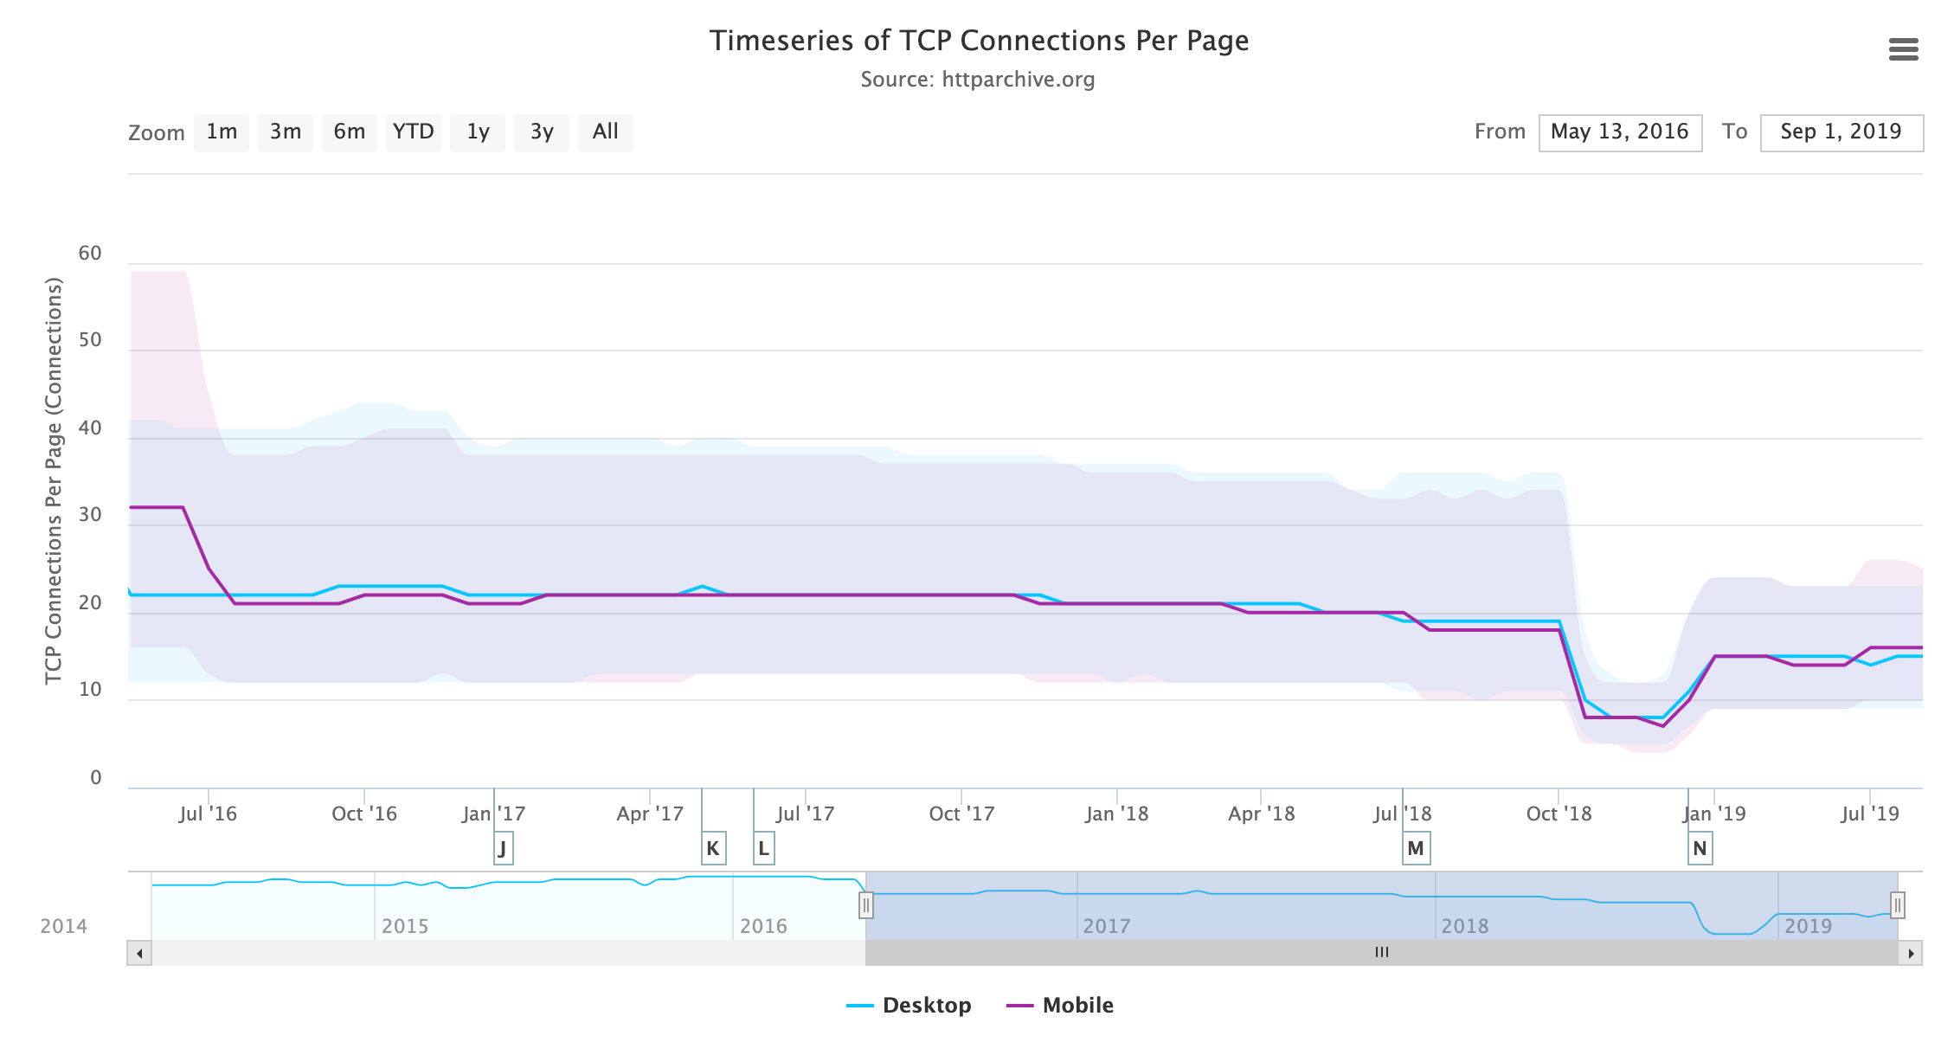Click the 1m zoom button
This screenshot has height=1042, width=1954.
tap(222, 132)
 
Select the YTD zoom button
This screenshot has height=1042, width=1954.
tap(413, 132)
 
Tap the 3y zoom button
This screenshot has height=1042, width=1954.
tap(542, 132)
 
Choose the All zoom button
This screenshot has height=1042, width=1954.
tap(605, 132)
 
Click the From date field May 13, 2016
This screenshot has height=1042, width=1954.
tap(1620, 132)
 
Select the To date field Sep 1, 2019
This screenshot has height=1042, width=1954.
tap(1841, 132)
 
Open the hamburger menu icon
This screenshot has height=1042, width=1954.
tap(1903, 49)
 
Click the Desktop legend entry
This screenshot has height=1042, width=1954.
tap(910, 1006)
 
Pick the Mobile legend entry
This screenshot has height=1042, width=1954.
tap(1061, 1006)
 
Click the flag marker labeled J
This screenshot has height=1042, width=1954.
tap(503, 848)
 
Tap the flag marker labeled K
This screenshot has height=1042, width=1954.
tap(713, 848)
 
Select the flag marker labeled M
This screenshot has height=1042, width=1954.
tap(1416, 848)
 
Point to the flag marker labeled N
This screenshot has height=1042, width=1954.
tap(1700, 848)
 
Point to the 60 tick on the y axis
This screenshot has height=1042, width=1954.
tap(90, 254)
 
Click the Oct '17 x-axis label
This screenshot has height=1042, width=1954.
tap(961, 814)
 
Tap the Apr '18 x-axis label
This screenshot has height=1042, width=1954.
tap(1261, 814)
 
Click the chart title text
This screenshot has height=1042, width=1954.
tap(979, 41)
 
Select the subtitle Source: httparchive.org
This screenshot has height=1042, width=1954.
tap(978, 80)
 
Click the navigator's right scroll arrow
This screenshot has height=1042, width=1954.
tap(1911, 953)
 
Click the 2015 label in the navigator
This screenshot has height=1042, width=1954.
tap(405, 926)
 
